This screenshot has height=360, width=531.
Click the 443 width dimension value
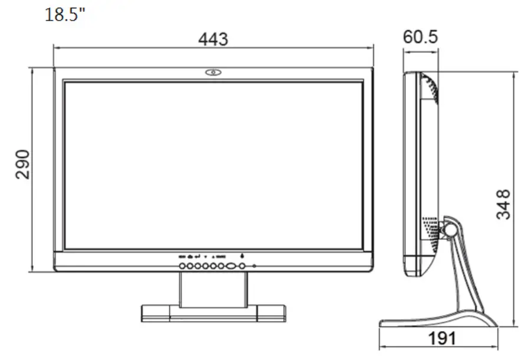213,40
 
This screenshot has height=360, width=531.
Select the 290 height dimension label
22,166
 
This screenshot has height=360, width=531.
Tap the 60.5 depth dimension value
421,37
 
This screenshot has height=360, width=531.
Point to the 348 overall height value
503,204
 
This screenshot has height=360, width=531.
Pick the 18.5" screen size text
65,14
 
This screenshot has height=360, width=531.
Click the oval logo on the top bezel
213,73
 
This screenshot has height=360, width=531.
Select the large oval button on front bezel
231,267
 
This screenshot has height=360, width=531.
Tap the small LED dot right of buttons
254,267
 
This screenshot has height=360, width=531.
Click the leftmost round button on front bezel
183,267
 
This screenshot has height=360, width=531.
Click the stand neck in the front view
213,289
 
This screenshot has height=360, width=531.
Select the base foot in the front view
213,313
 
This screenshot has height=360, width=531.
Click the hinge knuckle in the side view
450,227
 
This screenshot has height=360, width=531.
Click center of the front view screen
213,165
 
